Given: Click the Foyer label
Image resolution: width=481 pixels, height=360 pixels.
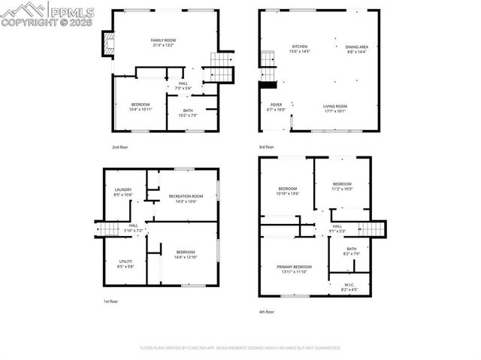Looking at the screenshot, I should [277, 107].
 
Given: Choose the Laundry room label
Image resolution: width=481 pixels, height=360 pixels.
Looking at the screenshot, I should [123, 192].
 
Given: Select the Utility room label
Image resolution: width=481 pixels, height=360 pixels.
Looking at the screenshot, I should [125, 264].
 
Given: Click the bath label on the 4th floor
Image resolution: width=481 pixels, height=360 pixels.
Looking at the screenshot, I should [352, 252].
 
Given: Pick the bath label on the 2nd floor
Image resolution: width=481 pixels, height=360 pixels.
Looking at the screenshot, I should [187, 113].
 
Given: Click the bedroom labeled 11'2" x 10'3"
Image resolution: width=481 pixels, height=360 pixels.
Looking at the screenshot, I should [342, 186].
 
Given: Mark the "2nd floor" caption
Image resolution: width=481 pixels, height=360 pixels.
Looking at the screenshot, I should [120, 147].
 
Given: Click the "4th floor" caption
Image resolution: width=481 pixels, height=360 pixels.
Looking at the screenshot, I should [267, 312].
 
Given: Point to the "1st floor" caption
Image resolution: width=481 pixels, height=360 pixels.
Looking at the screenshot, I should [111, 301].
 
